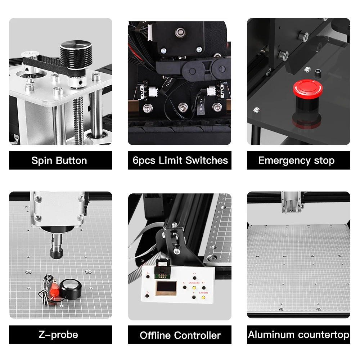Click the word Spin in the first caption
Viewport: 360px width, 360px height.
tap(40, 161)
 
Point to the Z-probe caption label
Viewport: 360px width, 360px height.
tap(58, 334)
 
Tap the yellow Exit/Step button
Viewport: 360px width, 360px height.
tap(203, 298)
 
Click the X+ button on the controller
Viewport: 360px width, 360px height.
tap(204, 287)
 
